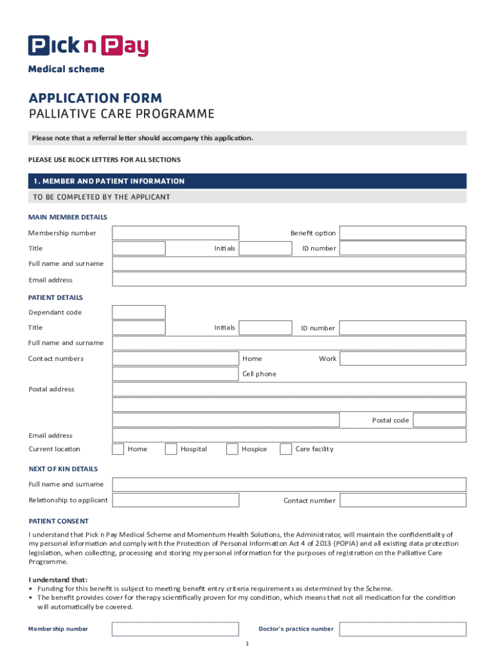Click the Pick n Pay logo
88,46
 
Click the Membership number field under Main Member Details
175,233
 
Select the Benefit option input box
402,233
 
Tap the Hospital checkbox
170,449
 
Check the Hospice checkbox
232,449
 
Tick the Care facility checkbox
285,449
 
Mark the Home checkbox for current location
118,449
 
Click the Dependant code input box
139,312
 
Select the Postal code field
440,420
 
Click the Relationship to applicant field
175,500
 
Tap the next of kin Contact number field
402,500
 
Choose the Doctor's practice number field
402,629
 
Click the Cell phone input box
175,374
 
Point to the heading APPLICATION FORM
95,98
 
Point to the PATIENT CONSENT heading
59,521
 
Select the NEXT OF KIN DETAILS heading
63,469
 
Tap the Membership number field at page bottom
175,629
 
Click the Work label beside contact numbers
327,358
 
